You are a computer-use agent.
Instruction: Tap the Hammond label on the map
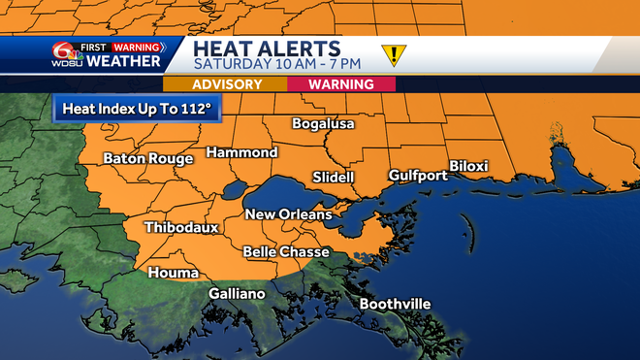pos(241,153)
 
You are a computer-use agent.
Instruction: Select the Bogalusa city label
pos(324,124)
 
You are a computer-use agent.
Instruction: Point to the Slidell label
pos(334,178)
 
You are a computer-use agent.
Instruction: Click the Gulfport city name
pos(417,176)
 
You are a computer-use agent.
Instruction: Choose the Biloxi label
pos(468,166)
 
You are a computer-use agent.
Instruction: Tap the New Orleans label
pos(288,214)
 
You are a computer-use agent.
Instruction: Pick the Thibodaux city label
pos(181,228)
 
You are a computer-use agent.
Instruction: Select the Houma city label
pos(172,274)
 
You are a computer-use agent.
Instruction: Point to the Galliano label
pos(237,294)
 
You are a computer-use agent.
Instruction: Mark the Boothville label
pos(395,305)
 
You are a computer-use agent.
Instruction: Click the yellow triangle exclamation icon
pos(394,55)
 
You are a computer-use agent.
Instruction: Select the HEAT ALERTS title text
pos(266,48)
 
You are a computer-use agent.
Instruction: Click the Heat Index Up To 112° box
pos(137,109)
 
